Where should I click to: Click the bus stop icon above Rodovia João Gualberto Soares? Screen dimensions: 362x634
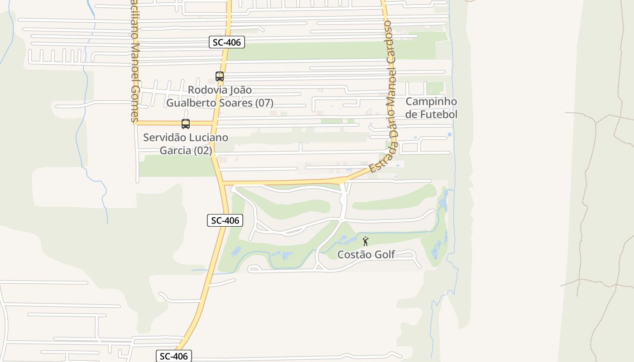point(220,76)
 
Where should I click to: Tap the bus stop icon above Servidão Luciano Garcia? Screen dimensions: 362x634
point(186,124)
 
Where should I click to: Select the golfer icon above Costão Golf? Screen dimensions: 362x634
point(365,241)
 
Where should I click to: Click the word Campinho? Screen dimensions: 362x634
point(431,101)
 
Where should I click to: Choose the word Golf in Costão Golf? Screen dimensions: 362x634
point(385,254)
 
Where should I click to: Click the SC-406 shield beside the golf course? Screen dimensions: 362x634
point(225,220)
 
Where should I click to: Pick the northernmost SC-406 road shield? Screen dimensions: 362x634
point(227,43)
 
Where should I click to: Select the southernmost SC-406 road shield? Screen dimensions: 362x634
point(174,356)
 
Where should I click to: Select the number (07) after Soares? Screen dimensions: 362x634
point(264,103)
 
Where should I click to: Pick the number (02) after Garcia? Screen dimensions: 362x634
point(203,150)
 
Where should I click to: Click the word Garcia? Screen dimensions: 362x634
point(176,150)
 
